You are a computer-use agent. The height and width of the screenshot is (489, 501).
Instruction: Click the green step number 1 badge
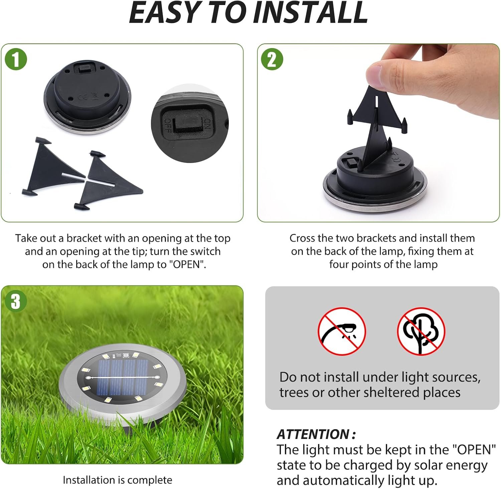16,59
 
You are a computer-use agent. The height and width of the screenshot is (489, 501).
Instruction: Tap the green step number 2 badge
272,59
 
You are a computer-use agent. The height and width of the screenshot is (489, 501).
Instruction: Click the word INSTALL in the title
310,13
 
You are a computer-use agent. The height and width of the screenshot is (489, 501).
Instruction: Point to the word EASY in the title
164,13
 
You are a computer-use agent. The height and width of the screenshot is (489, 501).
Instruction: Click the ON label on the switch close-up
207,124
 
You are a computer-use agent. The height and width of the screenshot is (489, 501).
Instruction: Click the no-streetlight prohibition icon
341,331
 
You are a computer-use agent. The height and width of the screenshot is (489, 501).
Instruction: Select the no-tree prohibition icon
421,331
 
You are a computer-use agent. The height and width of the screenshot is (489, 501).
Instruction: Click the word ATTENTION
313,434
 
